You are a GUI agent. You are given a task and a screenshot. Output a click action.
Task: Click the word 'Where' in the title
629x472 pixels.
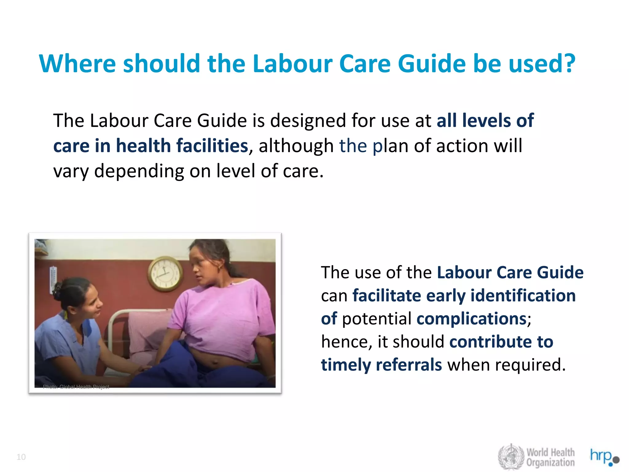(77, 64)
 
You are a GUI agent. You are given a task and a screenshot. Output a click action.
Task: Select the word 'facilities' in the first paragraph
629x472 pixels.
(212, 146)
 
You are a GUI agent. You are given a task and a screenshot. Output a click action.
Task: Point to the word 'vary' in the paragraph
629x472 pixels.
(71, 171)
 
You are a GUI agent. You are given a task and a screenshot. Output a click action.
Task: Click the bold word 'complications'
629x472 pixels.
(471, 319)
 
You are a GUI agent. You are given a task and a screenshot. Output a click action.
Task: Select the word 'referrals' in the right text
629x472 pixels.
(408, 365)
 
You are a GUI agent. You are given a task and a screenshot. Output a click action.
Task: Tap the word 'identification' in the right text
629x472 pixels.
(523, 296)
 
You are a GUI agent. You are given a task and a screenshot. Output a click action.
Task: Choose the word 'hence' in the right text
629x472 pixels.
(346, 342)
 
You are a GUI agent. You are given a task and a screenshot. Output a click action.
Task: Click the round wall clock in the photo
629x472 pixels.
(165, 273)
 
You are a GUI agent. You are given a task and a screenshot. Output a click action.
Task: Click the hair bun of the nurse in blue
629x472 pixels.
(58, 291)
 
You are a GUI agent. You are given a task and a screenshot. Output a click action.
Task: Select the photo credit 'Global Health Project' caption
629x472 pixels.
(76, 387)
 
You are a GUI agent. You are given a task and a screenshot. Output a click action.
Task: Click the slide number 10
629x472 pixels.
(21, 457)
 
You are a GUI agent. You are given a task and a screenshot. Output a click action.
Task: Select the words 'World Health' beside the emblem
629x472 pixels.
(550, 452)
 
